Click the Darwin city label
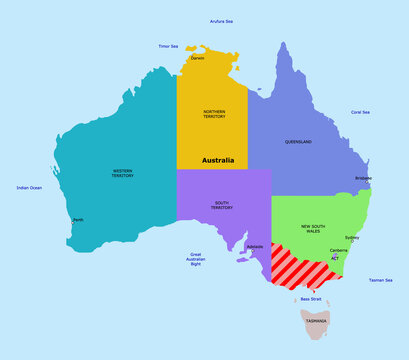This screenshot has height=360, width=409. coord(198,58)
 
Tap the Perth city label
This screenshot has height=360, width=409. coord(78,219)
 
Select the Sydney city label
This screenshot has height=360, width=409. coord(352,237)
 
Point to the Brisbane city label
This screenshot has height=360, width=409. coord(363,178)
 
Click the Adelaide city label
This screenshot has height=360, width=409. coord(254,245)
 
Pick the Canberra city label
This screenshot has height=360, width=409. coord(338,249)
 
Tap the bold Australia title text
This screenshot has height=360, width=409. coord(218,160)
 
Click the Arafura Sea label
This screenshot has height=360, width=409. coord(221,20)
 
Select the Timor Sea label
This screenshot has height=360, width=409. coord(168,46)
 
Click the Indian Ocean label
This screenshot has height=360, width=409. coord(29,188)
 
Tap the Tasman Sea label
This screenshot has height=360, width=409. coord(380,280)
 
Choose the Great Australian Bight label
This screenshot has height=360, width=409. coord(196,260)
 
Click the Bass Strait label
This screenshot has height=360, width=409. coord(311,298)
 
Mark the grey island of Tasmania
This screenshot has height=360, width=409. coord(316,323)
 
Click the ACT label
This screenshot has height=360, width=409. coord(335,258)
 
